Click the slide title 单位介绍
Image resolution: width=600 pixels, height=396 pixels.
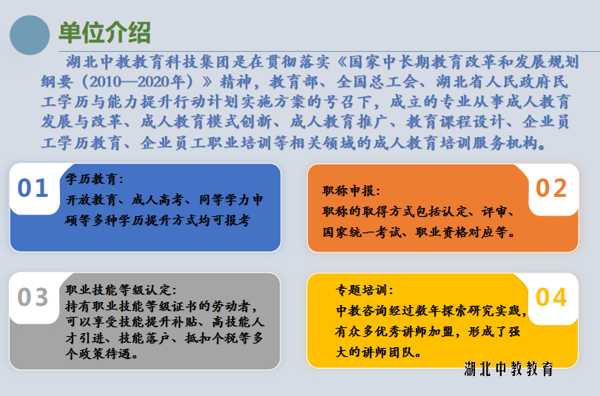(104, 33)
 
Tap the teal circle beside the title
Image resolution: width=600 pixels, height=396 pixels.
(30, 36)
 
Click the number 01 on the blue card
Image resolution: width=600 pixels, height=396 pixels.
(33, 188)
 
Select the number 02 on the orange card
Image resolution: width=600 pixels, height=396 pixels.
(551, 188)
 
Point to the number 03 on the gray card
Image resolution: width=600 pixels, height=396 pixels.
(33, 298)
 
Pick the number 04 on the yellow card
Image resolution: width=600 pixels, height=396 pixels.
(551, 298)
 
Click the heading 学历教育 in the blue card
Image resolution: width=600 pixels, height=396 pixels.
(91, 179)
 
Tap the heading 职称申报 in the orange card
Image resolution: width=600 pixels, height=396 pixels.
(348, 190)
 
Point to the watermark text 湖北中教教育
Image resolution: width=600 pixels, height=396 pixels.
(509, 369)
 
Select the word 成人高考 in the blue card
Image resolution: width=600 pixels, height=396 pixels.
(158, 200)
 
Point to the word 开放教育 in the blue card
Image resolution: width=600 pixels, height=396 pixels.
(91, 200)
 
